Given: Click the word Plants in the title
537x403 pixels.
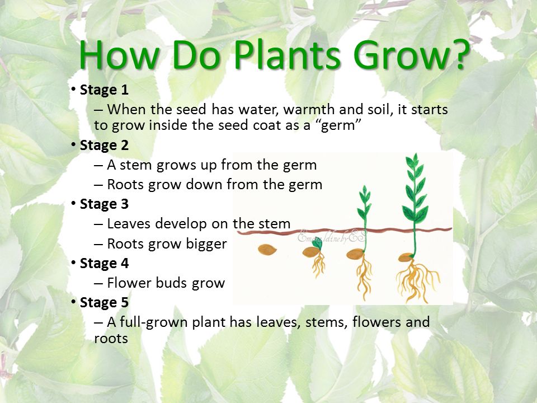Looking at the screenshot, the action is pyautogui.click(x=287, y=54).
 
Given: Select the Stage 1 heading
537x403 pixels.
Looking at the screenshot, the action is pyautogui.click(x=104, y=90).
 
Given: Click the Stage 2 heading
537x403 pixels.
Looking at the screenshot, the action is pyautogui.click(x=104, y=146).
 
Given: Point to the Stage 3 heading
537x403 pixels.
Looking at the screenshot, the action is pyautogui.click(x=104, y=204).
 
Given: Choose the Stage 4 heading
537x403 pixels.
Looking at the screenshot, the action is pyautogui.click(x=104, y=264).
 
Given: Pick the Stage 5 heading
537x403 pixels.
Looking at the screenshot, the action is pyautogui.click(x=104, y=303).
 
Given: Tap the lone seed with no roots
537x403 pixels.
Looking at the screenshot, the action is pyautogui.click(x=267, y=250).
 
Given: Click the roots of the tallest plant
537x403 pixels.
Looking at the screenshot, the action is pyautogui.click(x=418, y=280).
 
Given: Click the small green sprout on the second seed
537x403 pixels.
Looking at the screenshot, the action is pyautogui.click(x=318, y=243).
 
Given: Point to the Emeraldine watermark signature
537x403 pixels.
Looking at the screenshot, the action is pyautogui.click(x=332, y=237).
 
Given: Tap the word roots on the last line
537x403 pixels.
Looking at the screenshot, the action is pyautogui.click(x=111, y=339).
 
